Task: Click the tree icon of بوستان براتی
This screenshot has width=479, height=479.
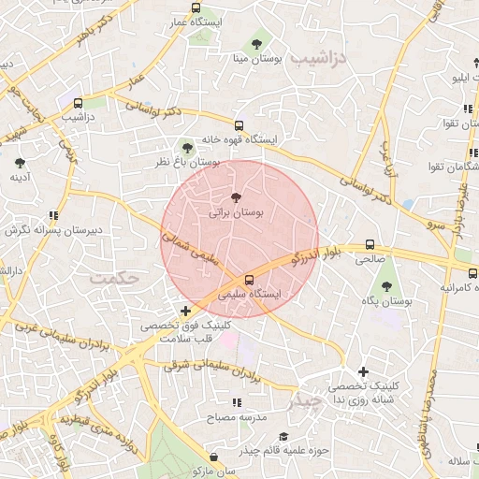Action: point(236,196)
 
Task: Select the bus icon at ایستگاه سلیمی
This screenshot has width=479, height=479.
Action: point(249,279)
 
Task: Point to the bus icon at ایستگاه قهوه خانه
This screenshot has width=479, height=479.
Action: point(239,124)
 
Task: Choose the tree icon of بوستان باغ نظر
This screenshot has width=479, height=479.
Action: point(187,147)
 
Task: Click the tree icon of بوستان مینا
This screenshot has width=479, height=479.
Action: point(257,43)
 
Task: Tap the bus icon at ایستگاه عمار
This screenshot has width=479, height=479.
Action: point(196,7)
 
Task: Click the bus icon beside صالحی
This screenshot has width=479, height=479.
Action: point(370,246)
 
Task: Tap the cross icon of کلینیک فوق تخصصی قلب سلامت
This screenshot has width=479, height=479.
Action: point(185,311)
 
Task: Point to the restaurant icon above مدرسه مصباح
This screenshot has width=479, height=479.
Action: point(236,401)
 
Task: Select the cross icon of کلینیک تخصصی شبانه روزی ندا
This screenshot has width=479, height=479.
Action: point(364,371)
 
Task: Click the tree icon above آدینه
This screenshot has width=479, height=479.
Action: point(20,162)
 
